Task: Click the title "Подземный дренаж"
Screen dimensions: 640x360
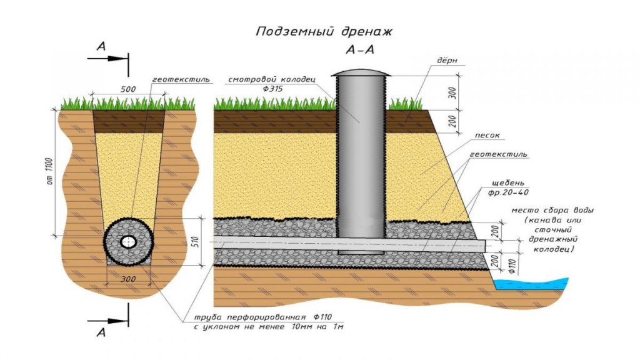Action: [324, 32]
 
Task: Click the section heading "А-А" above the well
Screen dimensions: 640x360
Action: [359, 50]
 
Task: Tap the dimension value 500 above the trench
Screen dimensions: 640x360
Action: [128, 89]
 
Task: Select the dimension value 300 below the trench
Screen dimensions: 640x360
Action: [128, 279]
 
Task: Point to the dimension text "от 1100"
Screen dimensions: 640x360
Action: [50, 171]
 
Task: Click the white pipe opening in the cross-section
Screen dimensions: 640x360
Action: [129, 242]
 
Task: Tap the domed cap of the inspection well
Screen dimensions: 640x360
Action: [361, 73]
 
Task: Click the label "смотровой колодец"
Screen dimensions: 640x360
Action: [271, 79]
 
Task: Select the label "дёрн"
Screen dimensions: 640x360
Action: [447, 61]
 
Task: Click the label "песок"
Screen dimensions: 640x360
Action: [487, 135]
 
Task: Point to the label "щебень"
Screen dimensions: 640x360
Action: [508, 183]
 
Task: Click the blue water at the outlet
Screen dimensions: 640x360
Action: [531, 284]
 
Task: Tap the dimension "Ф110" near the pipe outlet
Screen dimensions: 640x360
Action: [513, 266]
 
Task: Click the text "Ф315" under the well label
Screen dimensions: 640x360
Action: [272, 89]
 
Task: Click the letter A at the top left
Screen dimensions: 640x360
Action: [101, 46]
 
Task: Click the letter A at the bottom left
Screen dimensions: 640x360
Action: [101, 332]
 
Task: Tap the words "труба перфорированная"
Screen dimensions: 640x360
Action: [250, 317]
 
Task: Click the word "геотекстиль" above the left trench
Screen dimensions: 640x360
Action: [181, 79]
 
